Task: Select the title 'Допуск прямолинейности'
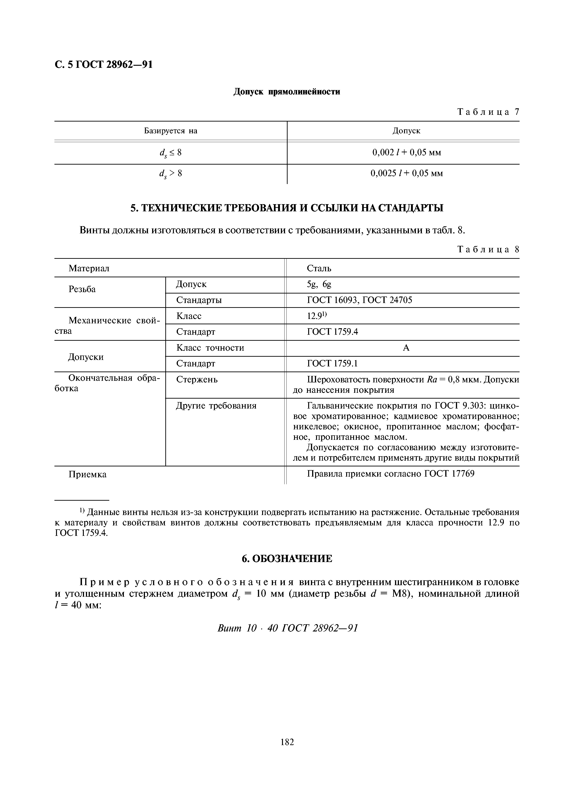pos(287,92)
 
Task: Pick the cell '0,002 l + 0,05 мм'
pos(406,153)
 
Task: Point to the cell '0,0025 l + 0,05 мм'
pos(406,173)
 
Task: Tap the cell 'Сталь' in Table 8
pos(319,269)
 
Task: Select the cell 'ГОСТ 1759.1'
pos(332,364)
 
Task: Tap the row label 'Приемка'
pos(87,474)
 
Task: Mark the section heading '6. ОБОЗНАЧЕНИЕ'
pos(287,559)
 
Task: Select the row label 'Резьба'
pos(82,289)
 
